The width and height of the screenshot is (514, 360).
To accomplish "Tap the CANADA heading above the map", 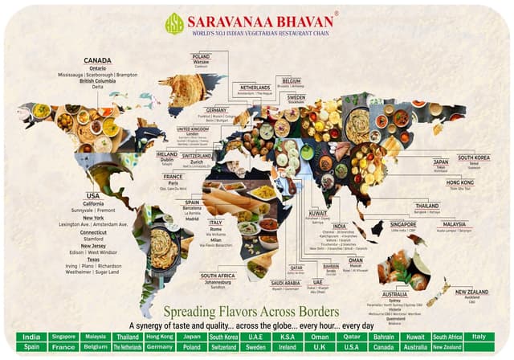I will click(97, 60).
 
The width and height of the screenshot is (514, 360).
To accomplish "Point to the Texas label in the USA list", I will click(93, 259).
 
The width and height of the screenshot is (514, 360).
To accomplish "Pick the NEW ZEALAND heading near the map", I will click(473, 291).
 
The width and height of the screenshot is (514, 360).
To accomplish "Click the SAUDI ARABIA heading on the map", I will click(285, 282).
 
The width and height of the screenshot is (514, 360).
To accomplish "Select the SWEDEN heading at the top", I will click(296, 96).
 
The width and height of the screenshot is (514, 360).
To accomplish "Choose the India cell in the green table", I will click(31, 336).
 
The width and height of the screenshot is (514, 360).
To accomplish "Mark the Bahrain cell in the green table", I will click(382, 336).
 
